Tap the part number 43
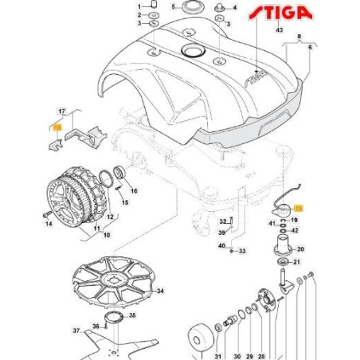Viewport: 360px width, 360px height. coord(279,29)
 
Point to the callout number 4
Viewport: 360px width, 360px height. coord(235,6)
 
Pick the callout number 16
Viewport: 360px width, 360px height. coord(133,192)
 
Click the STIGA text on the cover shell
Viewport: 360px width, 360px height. coord(255,77)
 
